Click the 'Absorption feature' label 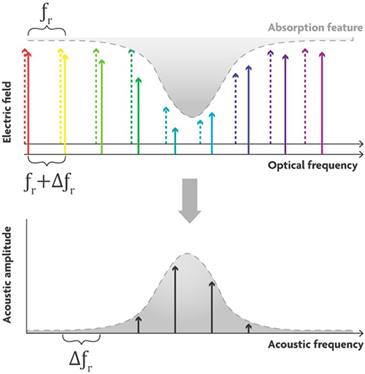315,28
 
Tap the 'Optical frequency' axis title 312,166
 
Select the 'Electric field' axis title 7,112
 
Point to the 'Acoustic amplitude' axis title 7,275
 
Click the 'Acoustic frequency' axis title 315,345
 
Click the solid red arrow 28,103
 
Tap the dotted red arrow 25,96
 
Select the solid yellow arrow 65,104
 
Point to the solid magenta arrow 322,103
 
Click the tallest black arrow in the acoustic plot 175,299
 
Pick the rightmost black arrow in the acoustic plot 248,328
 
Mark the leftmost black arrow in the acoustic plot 138,324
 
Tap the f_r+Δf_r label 50,185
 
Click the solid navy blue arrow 248,110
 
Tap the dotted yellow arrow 61,96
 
